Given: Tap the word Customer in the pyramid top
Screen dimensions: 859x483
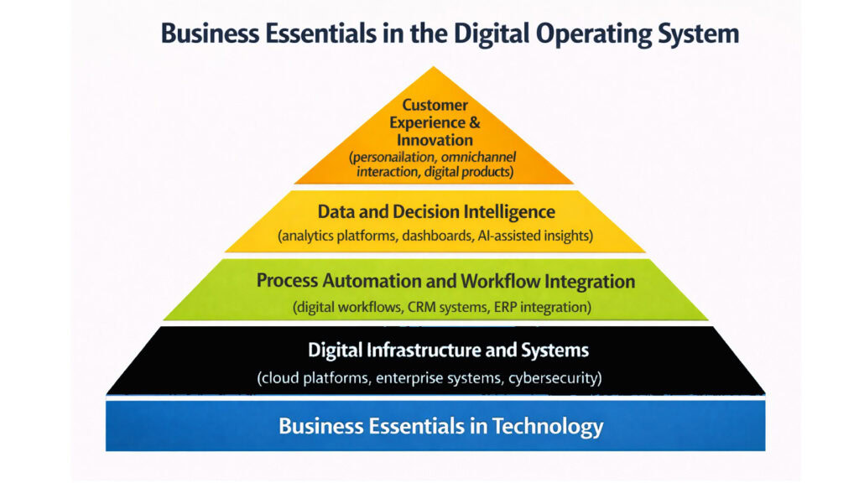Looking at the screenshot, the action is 435,106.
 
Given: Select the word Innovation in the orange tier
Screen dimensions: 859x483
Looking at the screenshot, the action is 435,140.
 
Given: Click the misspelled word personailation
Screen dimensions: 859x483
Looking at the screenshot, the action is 394,157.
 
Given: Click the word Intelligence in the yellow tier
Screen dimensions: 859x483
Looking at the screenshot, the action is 503,212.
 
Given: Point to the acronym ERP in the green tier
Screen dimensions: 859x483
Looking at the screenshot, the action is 503,307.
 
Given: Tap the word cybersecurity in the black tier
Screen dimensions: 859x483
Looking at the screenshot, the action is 554,377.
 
